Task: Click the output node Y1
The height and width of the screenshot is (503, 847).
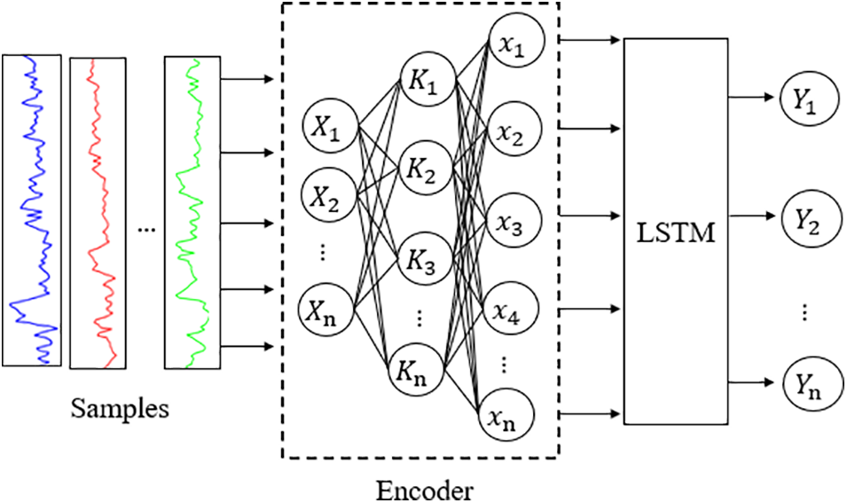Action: (805, 100)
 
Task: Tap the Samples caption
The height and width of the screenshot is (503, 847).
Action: (121, 410)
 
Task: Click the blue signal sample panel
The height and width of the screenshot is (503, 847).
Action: (31, 209)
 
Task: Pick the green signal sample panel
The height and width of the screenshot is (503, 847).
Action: (191, 212)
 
